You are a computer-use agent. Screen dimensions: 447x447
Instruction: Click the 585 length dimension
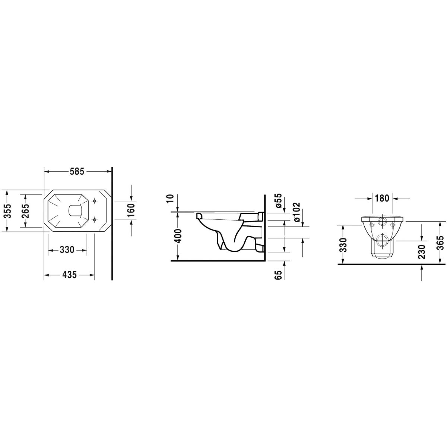click(77, 172)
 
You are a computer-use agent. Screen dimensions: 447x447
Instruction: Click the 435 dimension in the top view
click(69, 275)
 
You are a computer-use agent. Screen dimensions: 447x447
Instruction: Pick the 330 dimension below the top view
click(67, 250)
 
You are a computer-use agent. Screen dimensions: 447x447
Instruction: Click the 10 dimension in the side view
click(171, 192)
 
